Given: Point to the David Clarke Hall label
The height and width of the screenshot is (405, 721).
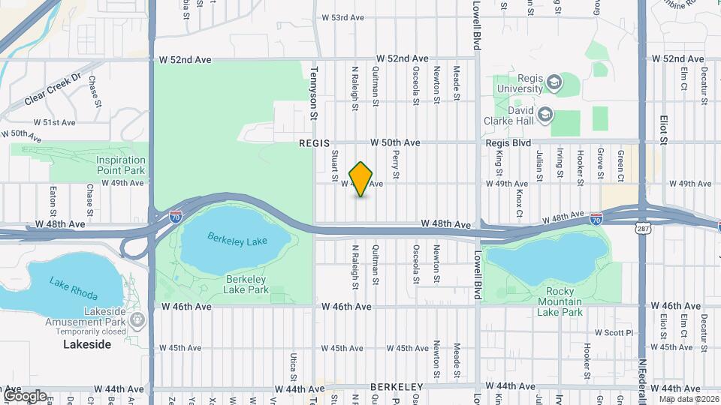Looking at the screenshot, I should tap(510, 115).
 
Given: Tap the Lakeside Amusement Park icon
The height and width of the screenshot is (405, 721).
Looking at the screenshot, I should tap(137, 321).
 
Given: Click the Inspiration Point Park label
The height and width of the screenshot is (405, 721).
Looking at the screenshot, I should tap(120, 165).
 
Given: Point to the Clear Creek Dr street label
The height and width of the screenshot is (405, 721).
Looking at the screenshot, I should tap(53, 89).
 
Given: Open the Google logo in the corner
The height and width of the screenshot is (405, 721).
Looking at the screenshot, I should tap(25, 395).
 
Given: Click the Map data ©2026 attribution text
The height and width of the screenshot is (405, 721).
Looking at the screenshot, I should tap(688, 399).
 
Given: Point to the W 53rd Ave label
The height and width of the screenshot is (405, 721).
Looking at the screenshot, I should tap(343, 17).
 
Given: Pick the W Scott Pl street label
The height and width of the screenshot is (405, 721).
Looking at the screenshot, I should tap(614, 332).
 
